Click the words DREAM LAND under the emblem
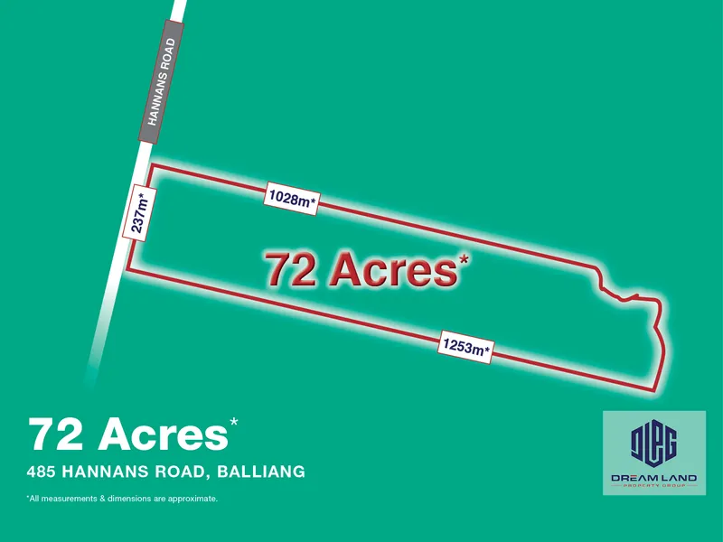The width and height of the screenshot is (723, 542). (654, 477)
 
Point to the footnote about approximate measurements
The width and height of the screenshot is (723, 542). (122, 499)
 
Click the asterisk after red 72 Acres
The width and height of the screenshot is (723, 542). (465, 259)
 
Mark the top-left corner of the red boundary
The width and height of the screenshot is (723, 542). (149, 165)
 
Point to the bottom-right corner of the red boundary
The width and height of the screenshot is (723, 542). (653, 391)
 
